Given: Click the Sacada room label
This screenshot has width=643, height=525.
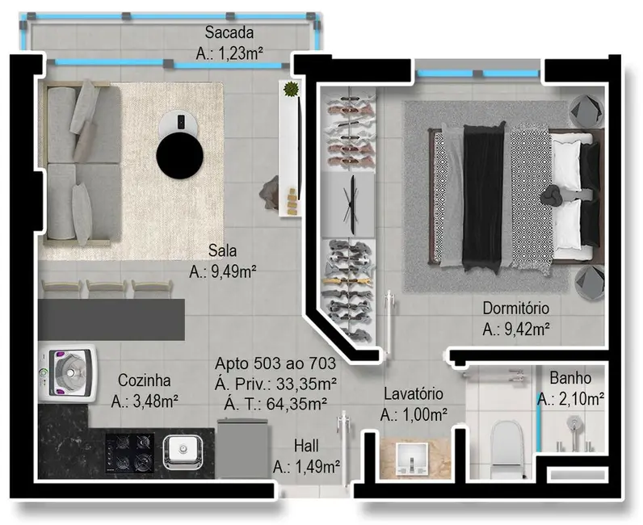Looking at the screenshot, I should [229, 33].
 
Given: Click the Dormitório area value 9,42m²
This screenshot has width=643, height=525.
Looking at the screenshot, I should [516, 329].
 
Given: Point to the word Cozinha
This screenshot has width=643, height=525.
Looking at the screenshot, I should [143, 380].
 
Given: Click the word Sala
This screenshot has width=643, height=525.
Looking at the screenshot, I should [221, 250].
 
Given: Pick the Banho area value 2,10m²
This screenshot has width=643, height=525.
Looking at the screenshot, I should [571, 398].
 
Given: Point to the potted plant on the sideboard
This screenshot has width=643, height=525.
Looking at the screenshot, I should [290, 90].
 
